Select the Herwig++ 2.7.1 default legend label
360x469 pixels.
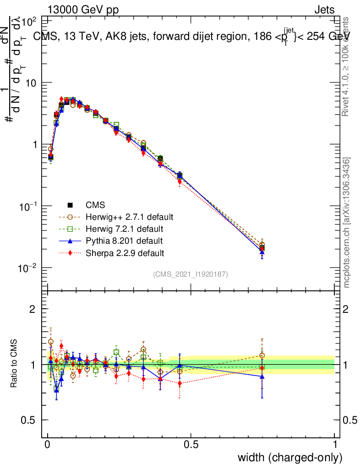point(130,217)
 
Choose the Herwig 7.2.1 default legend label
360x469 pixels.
point(124,229)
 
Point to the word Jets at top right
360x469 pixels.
point(324,10)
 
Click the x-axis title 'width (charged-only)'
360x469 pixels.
point(290,457)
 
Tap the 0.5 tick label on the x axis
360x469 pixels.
point(191,444)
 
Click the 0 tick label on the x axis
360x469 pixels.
point(48,444)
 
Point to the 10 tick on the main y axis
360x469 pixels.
point(32,83)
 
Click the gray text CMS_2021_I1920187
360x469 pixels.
point(191,274)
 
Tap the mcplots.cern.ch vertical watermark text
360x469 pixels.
point(347,223)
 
